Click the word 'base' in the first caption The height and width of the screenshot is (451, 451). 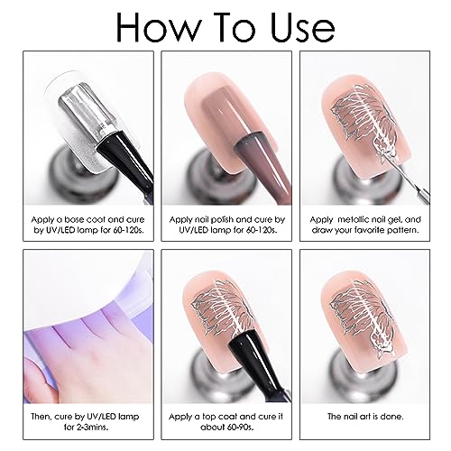tap(73, 220)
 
